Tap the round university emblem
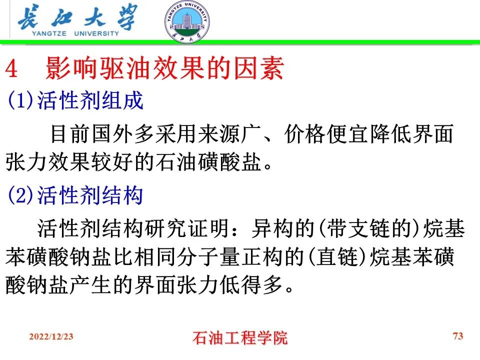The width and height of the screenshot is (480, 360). coord(187,21)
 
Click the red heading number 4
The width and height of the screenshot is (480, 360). coord(11,70)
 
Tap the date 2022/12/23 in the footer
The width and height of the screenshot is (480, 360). coord(51,337)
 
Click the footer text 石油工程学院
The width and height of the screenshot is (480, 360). coord(240,338)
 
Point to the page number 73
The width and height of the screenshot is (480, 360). coord(458,336)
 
